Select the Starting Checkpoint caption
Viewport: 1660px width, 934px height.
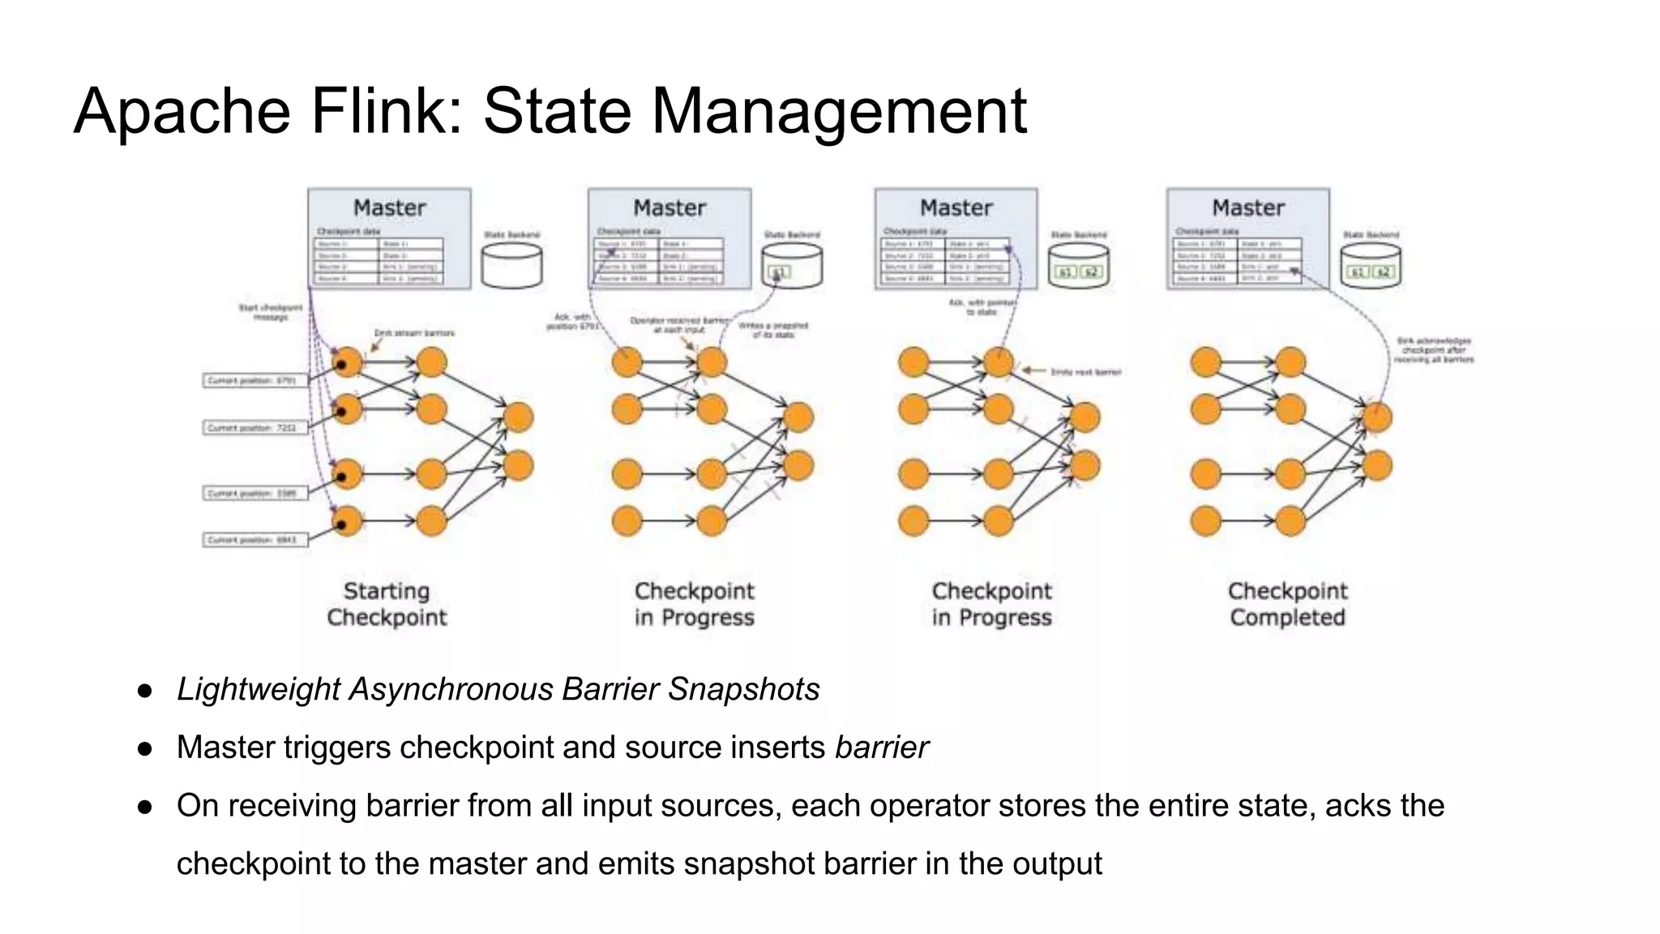click(x=387, y=604)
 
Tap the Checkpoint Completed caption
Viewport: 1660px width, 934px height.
click(x=1287, y=604)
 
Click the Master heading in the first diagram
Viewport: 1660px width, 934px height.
click(x=389, y=208)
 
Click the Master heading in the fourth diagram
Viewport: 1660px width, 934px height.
click(x=1248, y=208)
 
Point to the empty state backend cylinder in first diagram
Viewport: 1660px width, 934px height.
click(x=511, y=266)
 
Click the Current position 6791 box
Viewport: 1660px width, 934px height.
click(x=255, y=380)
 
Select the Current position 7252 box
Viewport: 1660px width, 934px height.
click(x=255, y=427)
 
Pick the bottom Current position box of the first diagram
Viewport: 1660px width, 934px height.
click(x=255, y=539)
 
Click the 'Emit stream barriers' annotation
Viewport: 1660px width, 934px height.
click(x=414, y=332)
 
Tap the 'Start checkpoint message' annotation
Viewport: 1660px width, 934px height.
click(x=270, y=312)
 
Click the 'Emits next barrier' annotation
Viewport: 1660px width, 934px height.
click(x=1085, y=371)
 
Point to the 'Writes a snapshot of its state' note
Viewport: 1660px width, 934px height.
click(x=772, y=330)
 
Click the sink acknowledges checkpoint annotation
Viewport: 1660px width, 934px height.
click(x=1434, y=349)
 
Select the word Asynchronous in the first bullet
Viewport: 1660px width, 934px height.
click(x=451, y=689)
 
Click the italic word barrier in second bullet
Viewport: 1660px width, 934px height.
click(x=881, y=748)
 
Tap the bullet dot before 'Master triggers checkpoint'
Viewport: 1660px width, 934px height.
click(x=145, y=748)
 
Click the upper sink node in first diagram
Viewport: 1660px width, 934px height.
click(x=519, y=417)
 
